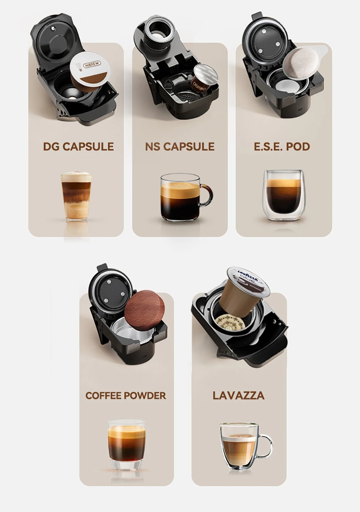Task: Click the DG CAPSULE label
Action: coord(78,146)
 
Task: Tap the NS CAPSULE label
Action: coord(180,146)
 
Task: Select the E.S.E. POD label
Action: coord(282,146)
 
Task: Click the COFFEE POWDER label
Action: coord(126,395)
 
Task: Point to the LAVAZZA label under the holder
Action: coord(238,395)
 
